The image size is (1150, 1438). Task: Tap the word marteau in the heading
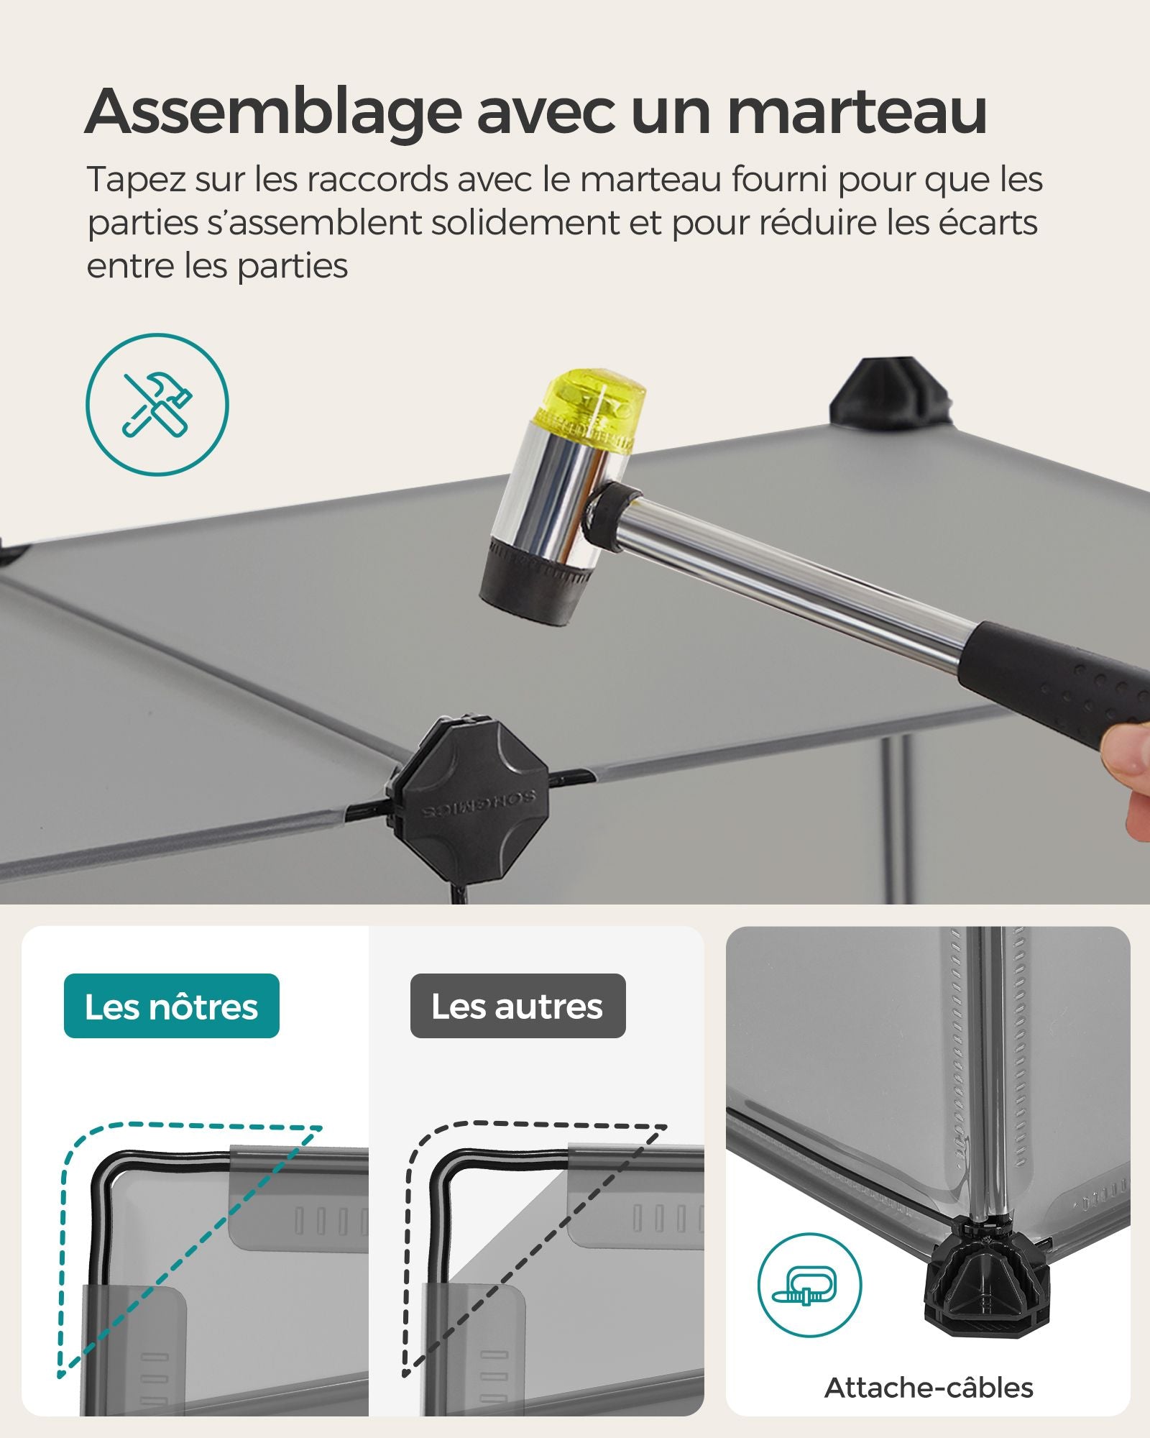point(857,112)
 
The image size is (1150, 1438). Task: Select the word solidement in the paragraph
point(525,222)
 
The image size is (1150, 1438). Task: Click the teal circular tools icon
point(157,404)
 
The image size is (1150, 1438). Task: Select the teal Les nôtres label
point(172,1006)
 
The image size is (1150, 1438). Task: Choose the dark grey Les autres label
point(517,1006)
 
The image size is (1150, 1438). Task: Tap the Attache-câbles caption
point(929,1387)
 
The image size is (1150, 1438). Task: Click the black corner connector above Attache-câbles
point(986,1287)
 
